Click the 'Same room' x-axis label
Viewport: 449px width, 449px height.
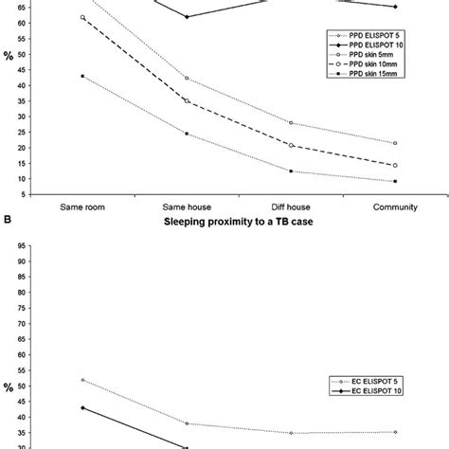click(82, 206)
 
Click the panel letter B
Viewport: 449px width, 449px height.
click(8, 224)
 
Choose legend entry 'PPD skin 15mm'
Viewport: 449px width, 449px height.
click(365, 80)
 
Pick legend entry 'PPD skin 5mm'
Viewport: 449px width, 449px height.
click(364, 57)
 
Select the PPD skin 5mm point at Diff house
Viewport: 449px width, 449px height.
click(291, 123)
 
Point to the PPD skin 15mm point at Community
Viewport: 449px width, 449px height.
click(395, 181)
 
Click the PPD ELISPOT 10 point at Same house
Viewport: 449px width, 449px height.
click(187, 17)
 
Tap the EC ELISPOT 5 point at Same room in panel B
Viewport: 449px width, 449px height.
click(82, 380)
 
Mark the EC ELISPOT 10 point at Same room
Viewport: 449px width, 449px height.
click(82, 408)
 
